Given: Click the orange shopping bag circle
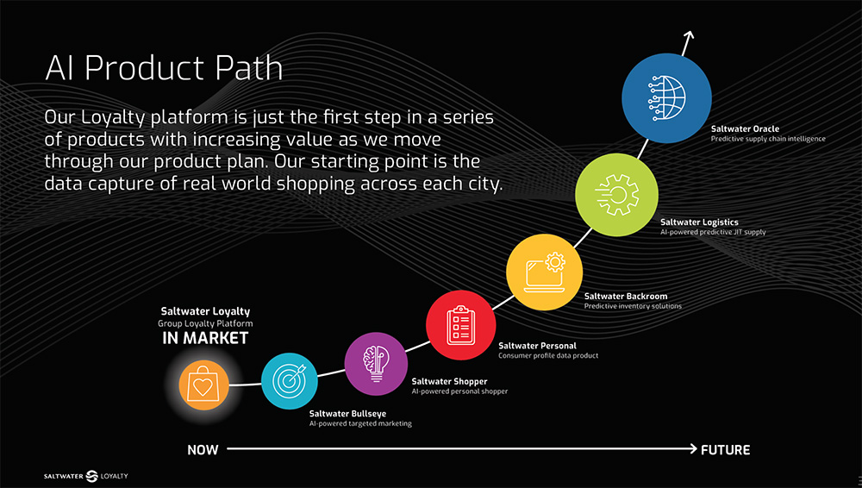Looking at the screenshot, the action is point(204,385).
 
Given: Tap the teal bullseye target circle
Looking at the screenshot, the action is point(289,381).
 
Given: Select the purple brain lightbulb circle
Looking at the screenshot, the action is point(376,364).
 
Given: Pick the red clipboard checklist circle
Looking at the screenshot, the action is point(460,325).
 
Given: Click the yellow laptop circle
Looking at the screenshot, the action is point(544,272).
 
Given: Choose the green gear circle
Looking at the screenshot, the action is point(617,195).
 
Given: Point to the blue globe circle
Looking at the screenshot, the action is point(667,98).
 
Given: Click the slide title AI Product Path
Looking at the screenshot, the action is point(164,68).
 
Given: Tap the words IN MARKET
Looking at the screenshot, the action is point(205,338).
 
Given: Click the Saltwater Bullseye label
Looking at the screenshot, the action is point(347,414).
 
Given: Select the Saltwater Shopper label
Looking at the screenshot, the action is point(449,381).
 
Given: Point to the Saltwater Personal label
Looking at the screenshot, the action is point(537,346).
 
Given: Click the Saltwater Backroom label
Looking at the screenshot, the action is point(626,296).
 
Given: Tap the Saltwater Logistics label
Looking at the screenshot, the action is point(699,222).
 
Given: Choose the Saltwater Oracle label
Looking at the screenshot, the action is point(745,128).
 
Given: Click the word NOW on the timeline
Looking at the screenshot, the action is point(203,450).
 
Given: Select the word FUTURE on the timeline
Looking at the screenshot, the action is point(725,450).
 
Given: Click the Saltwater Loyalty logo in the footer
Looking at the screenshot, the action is point(85,476).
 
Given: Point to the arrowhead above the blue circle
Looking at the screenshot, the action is point(689,35).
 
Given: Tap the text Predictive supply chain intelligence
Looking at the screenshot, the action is point(768,139).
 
